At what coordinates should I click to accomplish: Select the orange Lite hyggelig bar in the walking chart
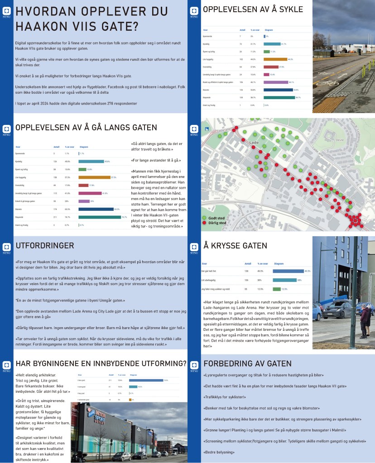94,177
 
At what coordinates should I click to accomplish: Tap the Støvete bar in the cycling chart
278,90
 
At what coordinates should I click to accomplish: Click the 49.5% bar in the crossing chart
288,271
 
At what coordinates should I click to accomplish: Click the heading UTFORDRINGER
45,246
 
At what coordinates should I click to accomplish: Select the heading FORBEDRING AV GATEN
247,363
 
